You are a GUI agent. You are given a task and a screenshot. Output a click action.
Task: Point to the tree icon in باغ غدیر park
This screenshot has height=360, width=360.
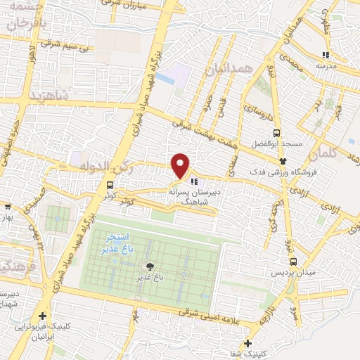pos(149,266)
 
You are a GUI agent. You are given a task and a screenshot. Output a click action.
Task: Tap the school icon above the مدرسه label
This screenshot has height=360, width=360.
pos(325,55)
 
